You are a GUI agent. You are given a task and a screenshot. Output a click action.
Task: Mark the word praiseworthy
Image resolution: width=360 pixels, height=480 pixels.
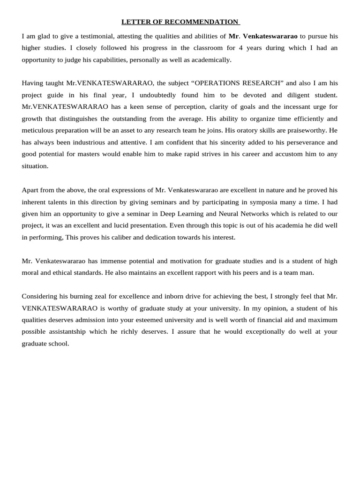pos(303,130)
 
